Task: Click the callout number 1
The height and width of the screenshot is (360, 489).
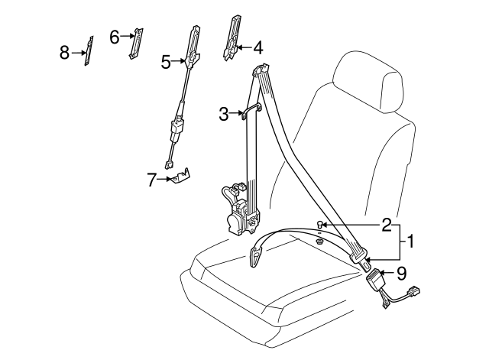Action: coord(410,243)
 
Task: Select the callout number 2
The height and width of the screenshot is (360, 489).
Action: coord(387,224)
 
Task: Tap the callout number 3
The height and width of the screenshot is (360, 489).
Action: coord(224,114)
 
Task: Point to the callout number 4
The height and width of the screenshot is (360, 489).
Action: coord(257,47)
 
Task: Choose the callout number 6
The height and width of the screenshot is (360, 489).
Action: coord(115,36)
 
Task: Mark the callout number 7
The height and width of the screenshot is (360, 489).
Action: coord(151,180)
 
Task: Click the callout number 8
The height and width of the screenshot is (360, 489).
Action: coord(65,52)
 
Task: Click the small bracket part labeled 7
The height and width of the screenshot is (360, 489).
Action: coord(181,177)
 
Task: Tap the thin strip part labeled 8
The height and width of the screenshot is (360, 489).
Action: coord(89,51)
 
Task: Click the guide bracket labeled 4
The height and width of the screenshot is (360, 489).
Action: coord(232,37)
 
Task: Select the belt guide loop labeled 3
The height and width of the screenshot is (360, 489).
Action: coord(250,112)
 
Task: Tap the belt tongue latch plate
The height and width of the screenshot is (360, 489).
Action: coord(257,255)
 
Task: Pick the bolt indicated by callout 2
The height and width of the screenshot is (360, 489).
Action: coord(322,225)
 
